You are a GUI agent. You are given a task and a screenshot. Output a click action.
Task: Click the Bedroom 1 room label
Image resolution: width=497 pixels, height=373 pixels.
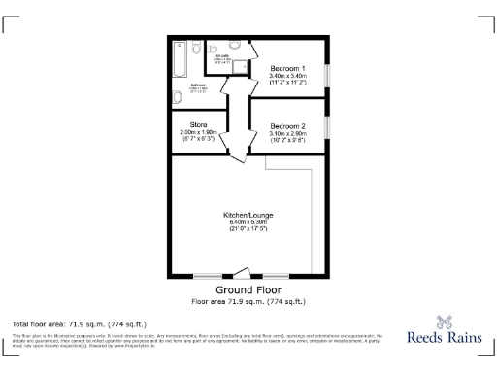click(287, 68)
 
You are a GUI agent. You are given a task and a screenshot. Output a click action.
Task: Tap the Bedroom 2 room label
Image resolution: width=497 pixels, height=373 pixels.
click(287, 126)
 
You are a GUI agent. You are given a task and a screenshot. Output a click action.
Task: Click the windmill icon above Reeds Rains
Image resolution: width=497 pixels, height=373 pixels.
click(446, 321)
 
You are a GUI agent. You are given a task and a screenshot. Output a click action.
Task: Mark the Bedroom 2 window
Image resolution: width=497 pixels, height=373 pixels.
click(327, 124)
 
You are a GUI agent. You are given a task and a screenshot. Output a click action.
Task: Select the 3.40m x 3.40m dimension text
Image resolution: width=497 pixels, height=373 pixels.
click(287, 76)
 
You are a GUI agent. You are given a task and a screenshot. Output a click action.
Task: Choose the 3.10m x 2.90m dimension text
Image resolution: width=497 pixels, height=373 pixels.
click(287, 134)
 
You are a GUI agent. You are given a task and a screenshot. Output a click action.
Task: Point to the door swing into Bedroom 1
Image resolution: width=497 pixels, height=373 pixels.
click(253, 51)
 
